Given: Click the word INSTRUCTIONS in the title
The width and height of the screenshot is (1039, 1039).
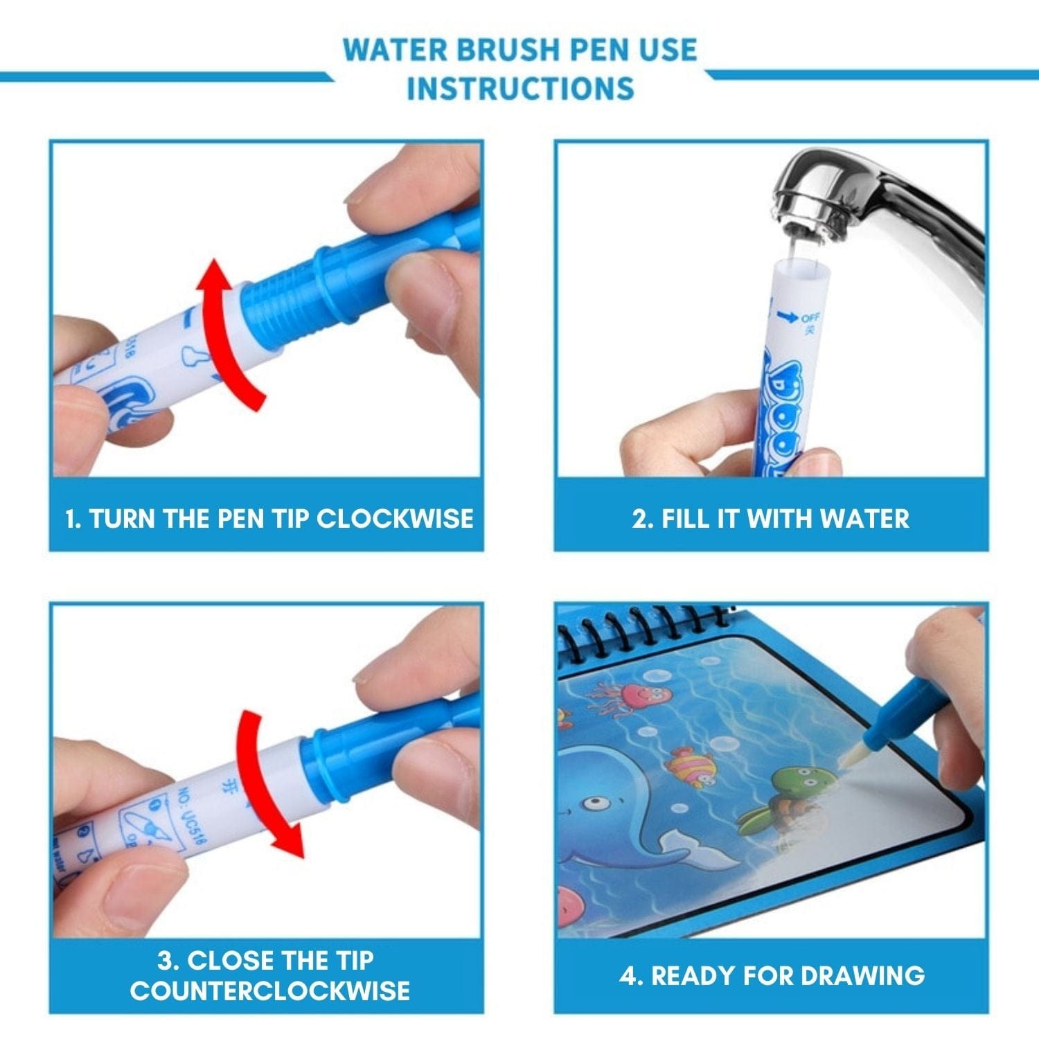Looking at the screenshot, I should tap(520, 89).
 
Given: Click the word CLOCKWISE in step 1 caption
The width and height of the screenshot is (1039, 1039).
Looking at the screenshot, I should tap(395, 519).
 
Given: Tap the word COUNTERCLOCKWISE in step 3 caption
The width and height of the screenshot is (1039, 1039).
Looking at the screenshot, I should tap(269, 991).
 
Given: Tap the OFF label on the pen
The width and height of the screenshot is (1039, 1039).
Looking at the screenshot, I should tap(810, 317).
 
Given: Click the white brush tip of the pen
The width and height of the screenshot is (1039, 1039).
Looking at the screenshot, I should tap(849, 757).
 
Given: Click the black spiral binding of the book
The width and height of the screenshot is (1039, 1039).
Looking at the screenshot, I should tap(644, 630).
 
